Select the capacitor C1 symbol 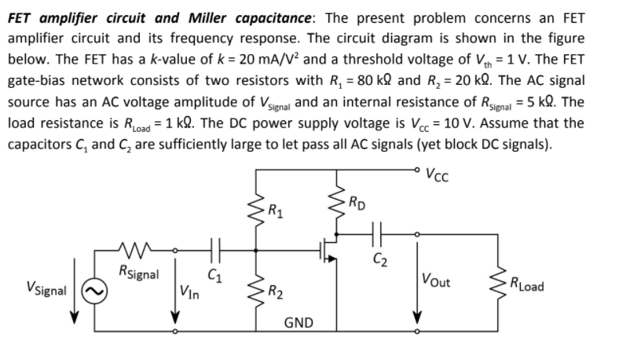tap(214, 252)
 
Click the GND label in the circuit tap(299, 323)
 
